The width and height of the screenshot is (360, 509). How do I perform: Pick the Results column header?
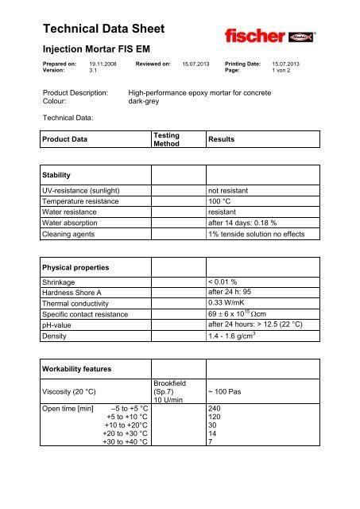(223, 139)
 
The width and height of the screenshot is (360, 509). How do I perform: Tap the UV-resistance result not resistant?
(230, 192)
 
